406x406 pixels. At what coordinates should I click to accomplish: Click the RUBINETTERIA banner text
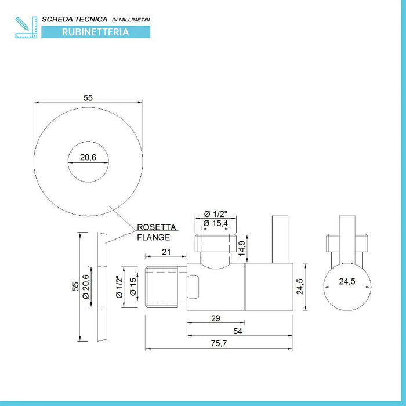[x=95, y=32]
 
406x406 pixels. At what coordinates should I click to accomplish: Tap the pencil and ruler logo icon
[x=26, y=27]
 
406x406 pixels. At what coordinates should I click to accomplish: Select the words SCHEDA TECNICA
[x=75, y=19]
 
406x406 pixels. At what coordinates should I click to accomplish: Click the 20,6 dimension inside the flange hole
[x=88, y=157]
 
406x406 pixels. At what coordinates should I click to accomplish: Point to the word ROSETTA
[x=157, y=227]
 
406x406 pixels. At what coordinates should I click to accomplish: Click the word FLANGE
[x=154, y=237]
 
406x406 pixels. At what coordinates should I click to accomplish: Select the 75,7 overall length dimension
[x=219, y=343]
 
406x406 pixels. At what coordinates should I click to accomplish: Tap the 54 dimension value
[x=238, y=331]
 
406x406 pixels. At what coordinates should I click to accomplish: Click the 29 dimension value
[x=215, y=318]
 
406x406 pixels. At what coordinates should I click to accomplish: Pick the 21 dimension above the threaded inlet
[x=166, y=252]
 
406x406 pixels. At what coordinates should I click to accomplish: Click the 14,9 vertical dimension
[x=242, y=248]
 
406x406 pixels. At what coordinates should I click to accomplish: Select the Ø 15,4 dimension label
[x=216, y=223]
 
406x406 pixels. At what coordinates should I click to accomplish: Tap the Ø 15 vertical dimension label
[x=133, y=287]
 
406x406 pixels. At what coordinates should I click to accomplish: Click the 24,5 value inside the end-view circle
[x=347, y=281]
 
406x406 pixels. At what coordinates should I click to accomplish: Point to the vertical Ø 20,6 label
[x=86, y=287]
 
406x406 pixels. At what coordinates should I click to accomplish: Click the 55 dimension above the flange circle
[x=88, y=98]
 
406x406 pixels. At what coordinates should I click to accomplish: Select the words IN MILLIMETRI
[x=131, y=20]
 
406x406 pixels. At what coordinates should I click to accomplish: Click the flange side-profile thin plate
[x=102, y=287]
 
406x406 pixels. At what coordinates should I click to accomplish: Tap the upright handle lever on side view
[x=280, y=239]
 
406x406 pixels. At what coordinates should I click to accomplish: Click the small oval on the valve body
[x=193, y=287]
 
